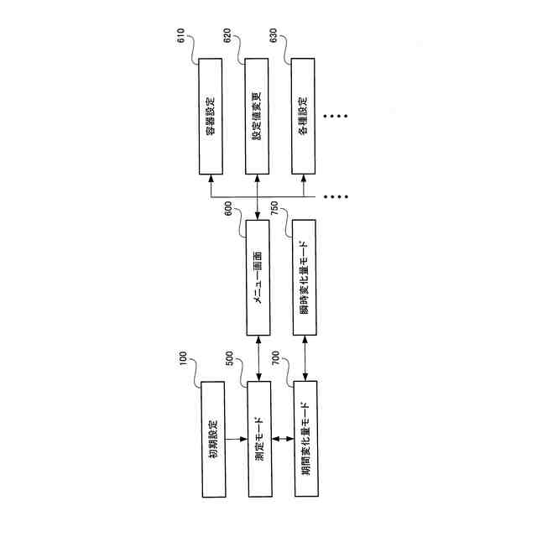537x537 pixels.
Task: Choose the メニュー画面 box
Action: tap(259, 276)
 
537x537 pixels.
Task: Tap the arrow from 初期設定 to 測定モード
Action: tap(237, 437)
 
